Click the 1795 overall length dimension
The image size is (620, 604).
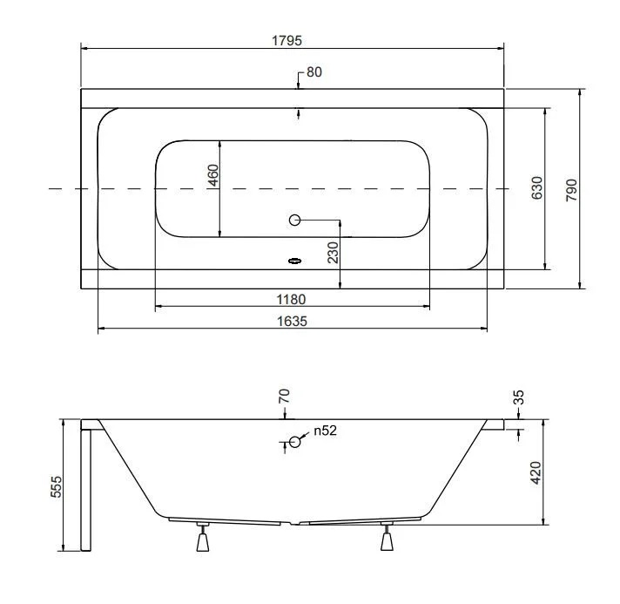(x=286, y=40)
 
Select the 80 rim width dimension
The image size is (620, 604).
(x=314, y=72)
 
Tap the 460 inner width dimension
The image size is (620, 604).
(x=213, y=175)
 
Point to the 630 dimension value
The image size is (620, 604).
(x=537, y=188)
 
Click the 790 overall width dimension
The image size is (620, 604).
(x=571, y=190)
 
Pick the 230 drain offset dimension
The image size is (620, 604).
(x=334, y=253)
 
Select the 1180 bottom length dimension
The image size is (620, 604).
(x=291, y=299)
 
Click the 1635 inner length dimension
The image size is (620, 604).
(x=292, y=321)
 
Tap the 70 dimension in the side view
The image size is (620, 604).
(x=284, y=397)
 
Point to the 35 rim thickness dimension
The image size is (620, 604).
(x=518, y=397)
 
